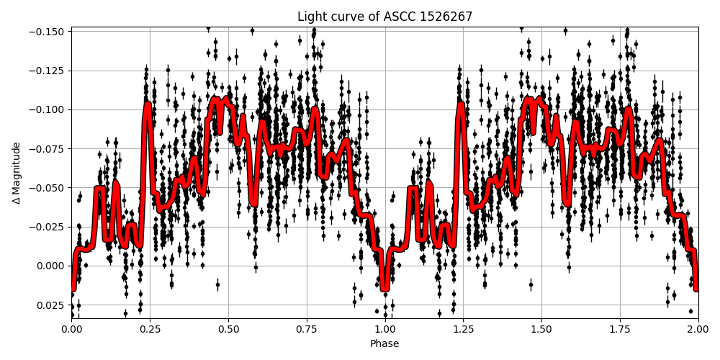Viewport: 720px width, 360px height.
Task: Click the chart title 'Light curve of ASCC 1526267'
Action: pos(384,17)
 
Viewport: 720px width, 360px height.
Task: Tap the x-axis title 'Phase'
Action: pos(384,344)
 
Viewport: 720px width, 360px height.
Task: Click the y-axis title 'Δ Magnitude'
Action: pos(16,173)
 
